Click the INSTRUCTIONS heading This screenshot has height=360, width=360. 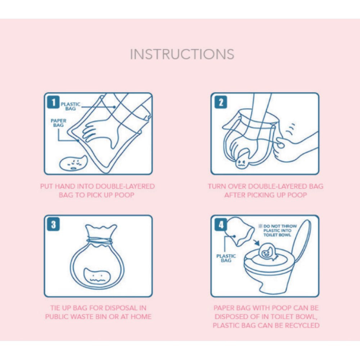coord(182,54)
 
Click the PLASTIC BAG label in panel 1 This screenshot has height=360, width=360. coord(71,106)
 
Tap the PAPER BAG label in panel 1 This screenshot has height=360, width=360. coord(58,123)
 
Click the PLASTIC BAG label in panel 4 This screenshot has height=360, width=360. coord(226,258)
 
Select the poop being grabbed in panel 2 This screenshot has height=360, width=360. coord(240,162)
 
